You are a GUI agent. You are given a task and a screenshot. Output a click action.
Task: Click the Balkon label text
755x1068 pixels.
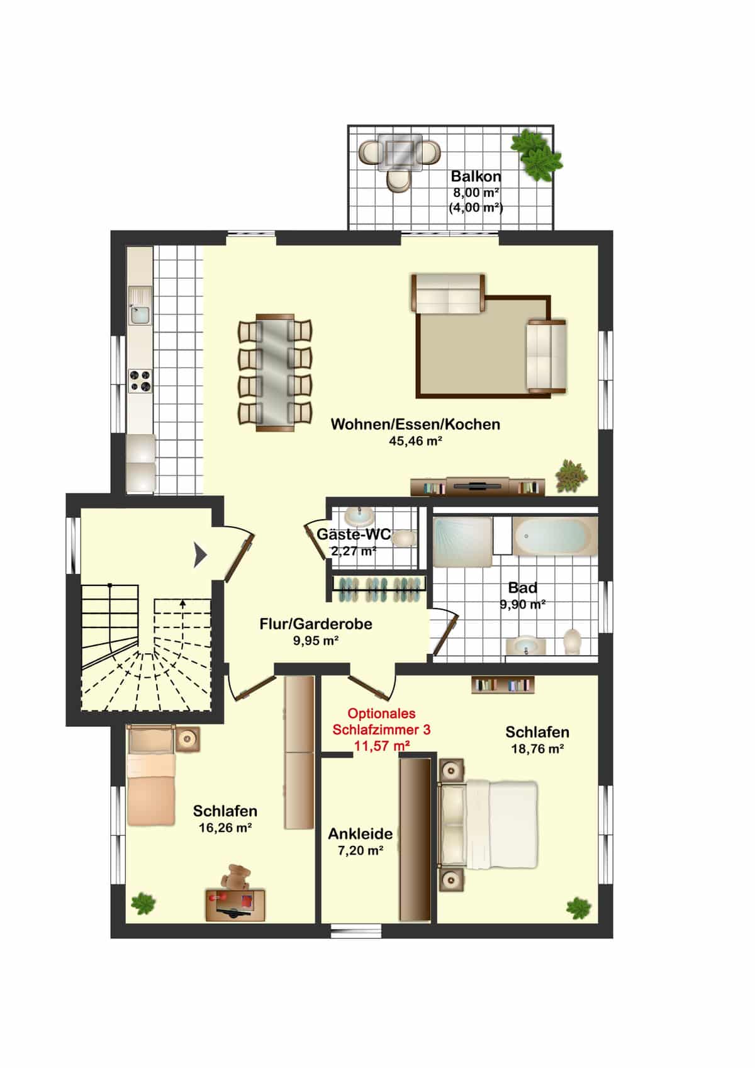[476, 176]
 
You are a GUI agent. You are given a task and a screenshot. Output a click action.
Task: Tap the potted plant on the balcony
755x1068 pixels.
[536, 155]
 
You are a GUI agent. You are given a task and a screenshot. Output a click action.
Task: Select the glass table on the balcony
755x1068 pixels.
[400, 152]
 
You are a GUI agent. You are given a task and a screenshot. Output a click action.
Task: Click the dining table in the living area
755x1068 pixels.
[274, 373]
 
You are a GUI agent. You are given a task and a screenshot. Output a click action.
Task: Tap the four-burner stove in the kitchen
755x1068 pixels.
[140, 381]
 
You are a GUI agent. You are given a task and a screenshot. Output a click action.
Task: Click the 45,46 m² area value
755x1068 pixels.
[415, 441]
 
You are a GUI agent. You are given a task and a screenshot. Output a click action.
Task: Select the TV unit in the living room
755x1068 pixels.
[478, 486]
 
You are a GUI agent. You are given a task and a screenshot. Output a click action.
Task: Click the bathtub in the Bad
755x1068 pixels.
[555, 536]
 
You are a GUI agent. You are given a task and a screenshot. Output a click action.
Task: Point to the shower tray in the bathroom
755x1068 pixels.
[462, 542]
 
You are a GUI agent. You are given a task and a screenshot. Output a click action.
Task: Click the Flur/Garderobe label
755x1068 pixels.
[316, 624]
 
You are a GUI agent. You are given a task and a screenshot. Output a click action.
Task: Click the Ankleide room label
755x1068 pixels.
[361, 834]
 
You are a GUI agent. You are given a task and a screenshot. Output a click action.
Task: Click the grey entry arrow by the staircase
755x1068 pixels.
[199, 555]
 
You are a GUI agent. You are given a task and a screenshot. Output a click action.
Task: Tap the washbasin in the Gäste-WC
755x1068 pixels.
[359, 516]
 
